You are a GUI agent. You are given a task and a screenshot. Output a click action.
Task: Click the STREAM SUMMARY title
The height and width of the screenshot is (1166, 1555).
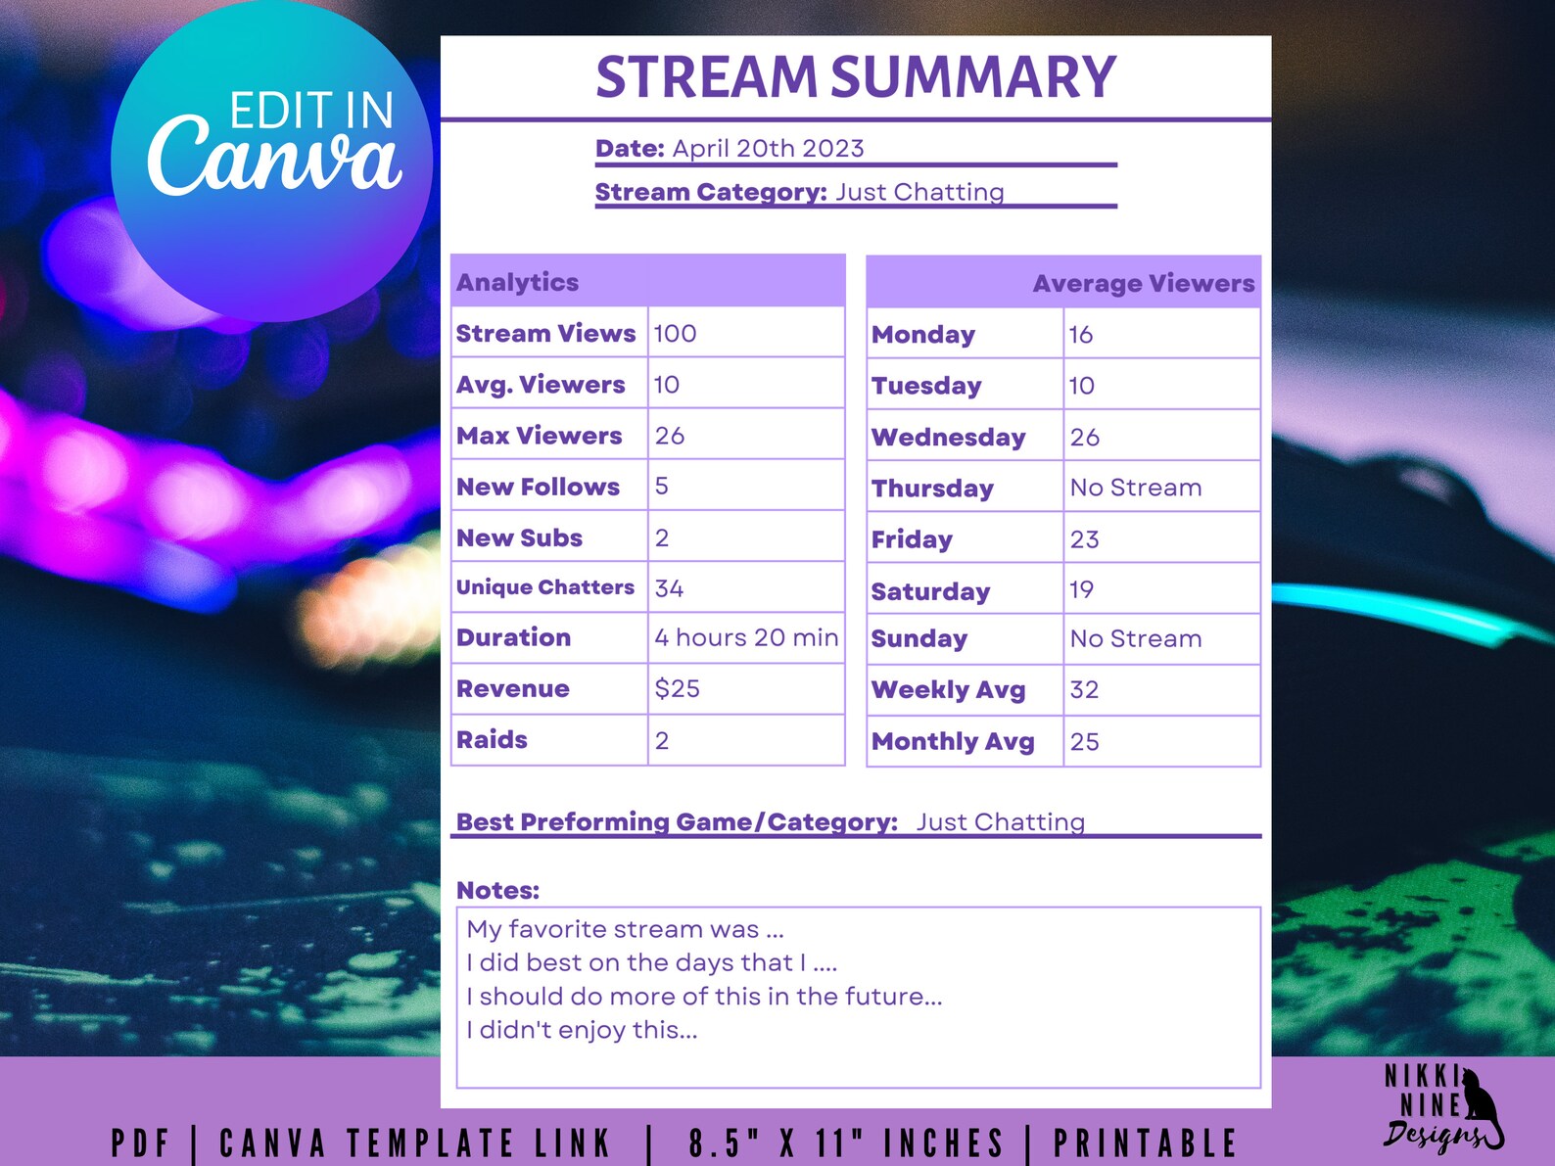[855, 77]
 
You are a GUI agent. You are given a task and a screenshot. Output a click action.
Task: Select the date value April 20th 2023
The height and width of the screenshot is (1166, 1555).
[768, 149]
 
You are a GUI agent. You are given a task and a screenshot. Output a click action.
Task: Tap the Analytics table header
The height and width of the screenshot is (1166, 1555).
[517, 282]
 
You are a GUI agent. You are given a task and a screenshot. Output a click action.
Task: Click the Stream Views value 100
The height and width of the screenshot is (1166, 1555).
[675, 334]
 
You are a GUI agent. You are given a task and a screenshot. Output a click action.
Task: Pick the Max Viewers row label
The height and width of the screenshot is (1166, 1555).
[539, 436]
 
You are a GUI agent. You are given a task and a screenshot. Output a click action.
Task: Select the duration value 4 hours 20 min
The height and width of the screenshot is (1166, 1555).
[746, 638]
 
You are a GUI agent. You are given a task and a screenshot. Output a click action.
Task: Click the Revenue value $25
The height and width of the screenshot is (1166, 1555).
[677, 689]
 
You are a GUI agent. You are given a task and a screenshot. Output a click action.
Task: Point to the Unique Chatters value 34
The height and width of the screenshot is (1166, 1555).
[669, 588]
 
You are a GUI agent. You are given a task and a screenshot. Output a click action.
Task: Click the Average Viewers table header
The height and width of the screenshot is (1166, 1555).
[1143, 284]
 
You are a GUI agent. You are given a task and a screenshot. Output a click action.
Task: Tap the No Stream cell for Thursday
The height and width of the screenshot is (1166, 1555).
[1135, 488]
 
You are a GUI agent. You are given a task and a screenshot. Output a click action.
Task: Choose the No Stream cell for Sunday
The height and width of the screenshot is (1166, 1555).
[1135, 639]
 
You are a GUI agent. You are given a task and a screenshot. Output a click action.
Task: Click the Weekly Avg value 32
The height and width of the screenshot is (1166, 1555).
[1084, 690]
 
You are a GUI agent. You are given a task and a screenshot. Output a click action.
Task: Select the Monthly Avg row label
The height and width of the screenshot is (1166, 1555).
[953, 742]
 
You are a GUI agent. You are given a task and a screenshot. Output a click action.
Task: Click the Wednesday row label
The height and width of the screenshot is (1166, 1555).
[948, 438]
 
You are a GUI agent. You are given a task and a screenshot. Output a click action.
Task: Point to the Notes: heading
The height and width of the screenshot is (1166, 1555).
[497, 891]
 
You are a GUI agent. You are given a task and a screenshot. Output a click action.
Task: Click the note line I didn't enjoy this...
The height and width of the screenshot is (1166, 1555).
[582, 1030]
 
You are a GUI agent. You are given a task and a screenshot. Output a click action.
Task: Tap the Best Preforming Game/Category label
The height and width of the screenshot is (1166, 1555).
[677, 822]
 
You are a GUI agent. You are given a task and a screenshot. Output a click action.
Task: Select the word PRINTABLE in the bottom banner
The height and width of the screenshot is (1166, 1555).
[1145, 1143]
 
